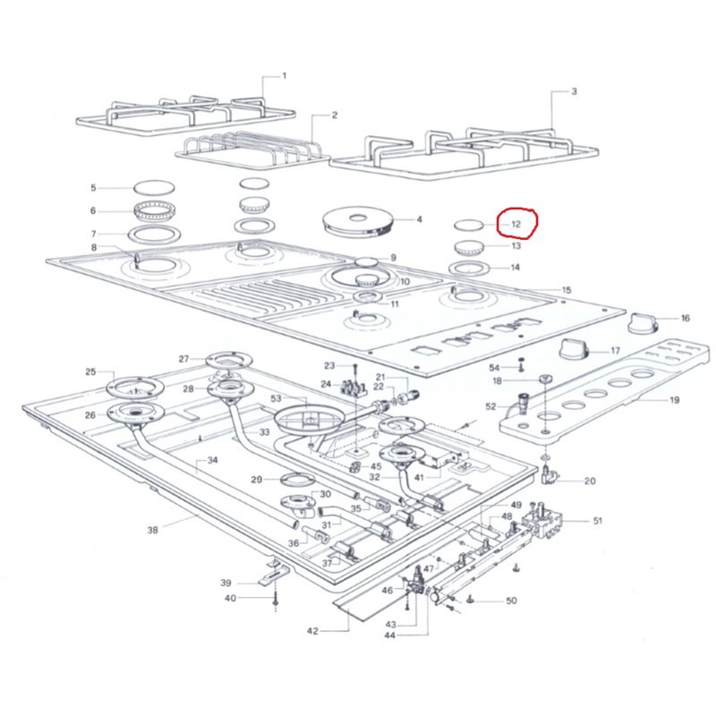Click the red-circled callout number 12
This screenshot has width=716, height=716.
point(516,224)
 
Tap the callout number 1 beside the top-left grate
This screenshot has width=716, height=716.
point(285,76)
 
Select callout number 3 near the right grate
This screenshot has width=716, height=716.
point(574,91)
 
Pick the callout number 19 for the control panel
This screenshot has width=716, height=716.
point(674,400)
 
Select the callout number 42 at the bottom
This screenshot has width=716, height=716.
point(312,631)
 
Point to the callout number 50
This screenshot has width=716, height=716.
point(511,601)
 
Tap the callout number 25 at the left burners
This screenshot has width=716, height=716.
point(90,371)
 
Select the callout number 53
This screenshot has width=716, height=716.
point(276,398)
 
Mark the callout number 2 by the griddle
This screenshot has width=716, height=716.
point(334,115)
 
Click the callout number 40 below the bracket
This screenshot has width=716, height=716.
point(231,598)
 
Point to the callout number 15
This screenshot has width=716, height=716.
point(566,290)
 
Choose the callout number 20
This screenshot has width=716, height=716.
point(589,482)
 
